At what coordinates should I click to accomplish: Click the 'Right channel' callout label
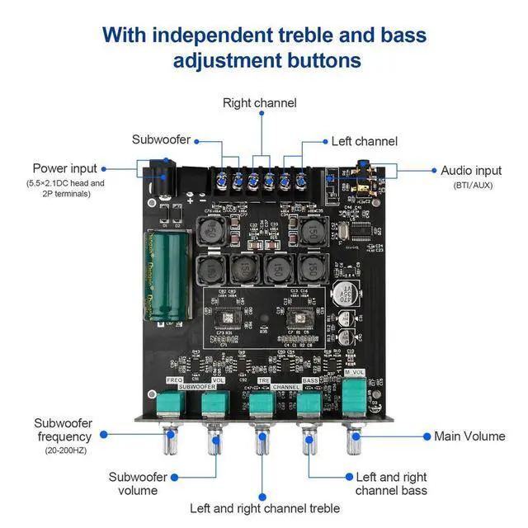coord(259,103)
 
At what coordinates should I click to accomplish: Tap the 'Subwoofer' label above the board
coord(161,139)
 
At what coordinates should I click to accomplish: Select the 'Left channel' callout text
coord(364,141)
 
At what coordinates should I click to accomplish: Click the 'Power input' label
coord(64,168)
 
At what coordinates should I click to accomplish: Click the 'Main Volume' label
coord(469,436)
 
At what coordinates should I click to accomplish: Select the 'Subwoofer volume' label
coord(138,483)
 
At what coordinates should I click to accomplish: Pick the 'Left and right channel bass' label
coord(391,483)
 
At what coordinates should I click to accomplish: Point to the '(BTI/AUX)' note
coord(472,185)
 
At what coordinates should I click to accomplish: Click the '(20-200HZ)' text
coord(67,450)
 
